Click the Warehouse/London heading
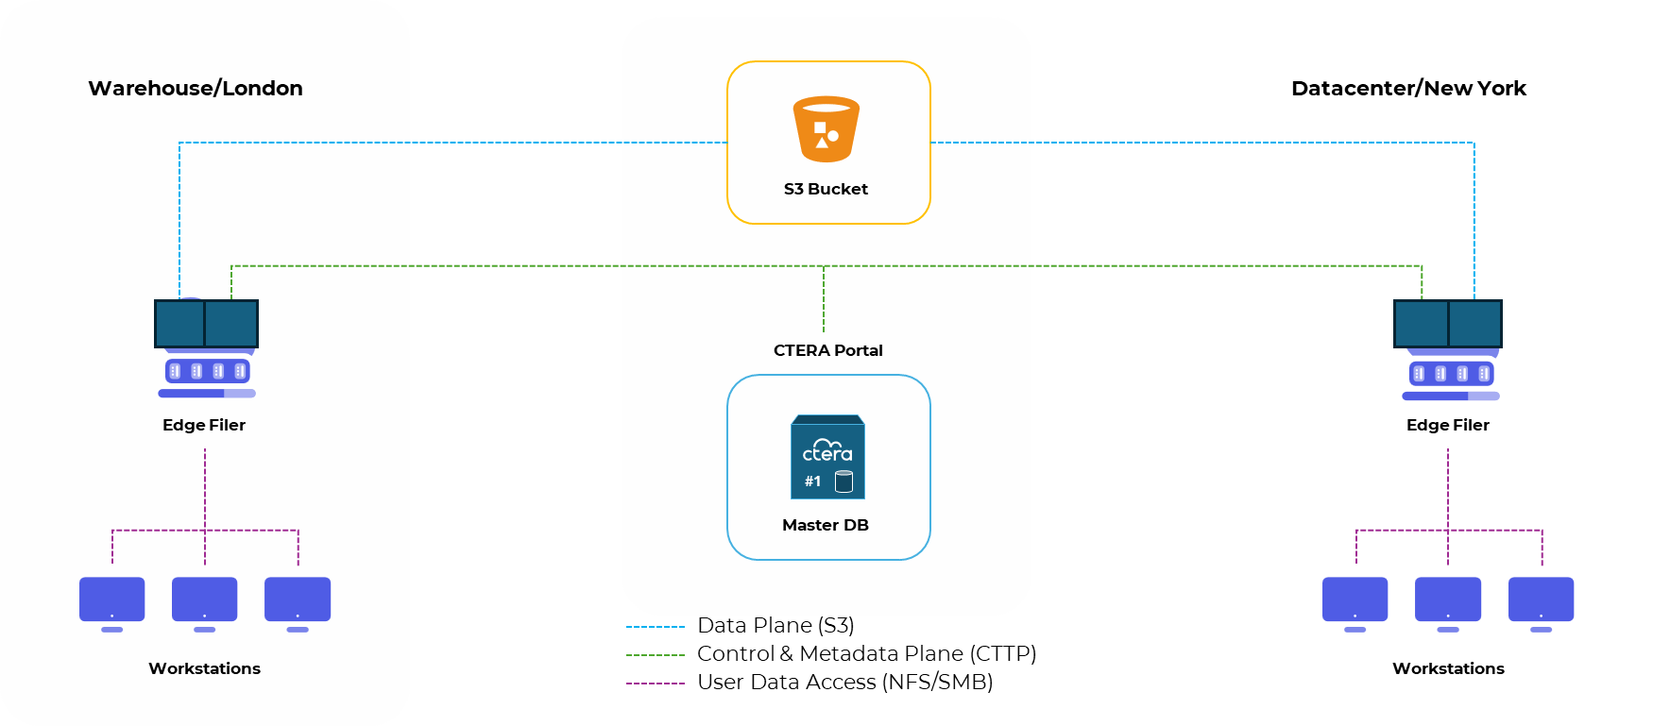tap(196, 89)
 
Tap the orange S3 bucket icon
tap(826, 129)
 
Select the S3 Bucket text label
tap(826, 189)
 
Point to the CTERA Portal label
tap(827, 350)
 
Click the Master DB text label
tap(826, 525)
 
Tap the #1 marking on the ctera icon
tap(812, 481)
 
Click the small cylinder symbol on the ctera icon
tap(844, 481)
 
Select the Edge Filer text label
tap(204, 425)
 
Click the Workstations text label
tap(204, 668)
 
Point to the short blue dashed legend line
tap(656, 627)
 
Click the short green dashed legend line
tap(656, 655)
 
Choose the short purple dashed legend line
tap(656, 684)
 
